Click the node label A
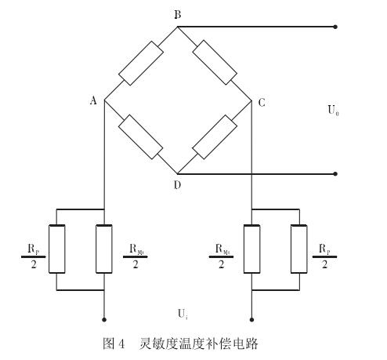pos(92,100)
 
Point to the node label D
pos(178,185)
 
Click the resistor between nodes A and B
pos(141,64)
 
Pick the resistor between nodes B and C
pos(215,64)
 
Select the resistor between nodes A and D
pos(141,136)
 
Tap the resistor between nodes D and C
pos(214,137)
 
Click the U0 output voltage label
pos(333,110)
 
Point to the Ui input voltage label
pos(182,314)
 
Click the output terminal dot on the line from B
pos(335,27)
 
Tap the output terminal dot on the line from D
pos(335,173)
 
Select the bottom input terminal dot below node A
pos(104,320)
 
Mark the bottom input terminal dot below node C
pos(251,320)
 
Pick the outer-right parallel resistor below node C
pos(298,249)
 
